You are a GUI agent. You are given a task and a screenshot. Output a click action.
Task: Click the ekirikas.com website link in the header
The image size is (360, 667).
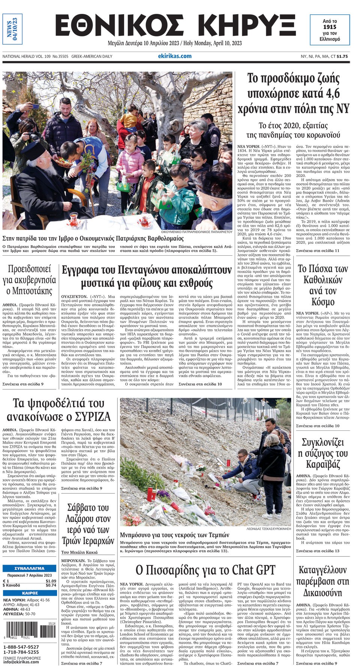(x=174, y=56)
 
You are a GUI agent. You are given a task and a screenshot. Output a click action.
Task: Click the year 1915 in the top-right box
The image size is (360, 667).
(x=330, y=27)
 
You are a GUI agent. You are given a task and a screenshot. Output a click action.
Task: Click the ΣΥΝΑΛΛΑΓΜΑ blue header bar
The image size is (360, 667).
(x=29, y=568)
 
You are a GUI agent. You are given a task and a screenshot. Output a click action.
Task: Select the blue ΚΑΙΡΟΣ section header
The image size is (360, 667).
(x=29, y=593)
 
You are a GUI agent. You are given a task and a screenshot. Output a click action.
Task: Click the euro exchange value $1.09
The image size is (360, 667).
(x=51, y=581)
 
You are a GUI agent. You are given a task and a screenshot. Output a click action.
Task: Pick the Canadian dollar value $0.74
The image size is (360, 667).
(x=51, y=585)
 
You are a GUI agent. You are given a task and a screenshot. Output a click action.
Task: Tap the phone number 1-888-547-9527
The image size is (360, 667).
(x=21, y=647)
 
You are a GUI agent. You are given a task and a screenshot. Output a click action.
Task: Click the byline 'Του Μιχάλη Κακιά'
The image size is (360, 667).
(x=79, y=552)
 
